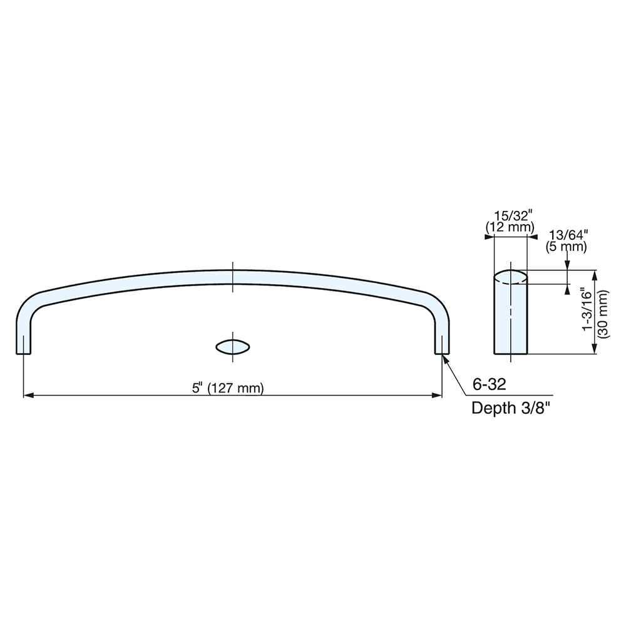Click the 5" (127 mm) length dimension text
pyautogui.click(x=228, y=388)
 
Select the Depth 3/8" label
pyautogui.click(x=511, y=409)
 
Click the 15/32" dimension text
pyautogui.click(x=511, y=215)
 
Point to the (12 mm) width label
pyautogui.click(x=511, y=227)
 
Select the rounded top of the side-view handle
pyautogui.click(x=511, y=277)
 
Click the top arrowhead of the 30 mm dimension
pyautogui.click(x=595, y=274)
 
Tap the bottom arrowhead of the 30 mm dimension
pyautogui.click(x=595, y=351)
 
